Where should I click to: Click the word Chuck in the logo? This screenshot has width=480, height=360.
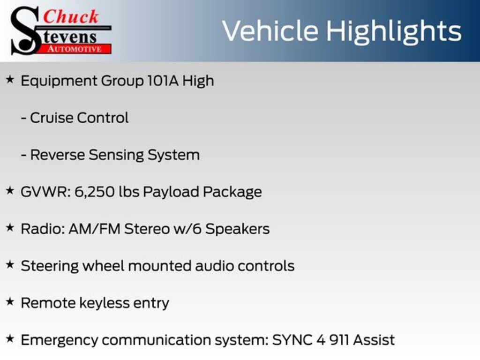(71, 16)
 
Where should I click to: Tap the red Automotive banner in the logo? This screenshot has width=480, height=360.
(75, 49)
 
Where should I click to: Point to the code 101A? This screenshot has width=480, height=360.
(163, 81)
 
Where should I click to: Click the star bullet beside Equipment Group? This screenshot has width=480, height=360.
(10, 80)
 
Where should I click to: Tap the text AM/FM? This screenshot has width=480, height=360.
(94, 229)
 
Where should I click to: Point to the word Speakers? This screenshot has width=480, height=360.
(238, 229)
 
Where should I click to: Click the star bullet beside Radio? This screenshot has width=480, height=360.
(10, 228)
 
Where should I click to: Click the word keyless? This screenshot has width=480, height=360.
(105, 303)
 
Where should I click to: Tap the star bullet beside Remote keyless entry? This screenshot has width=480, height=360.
(10, 302)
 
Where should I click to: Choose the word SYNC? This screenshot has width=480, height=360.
(292, 340)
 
